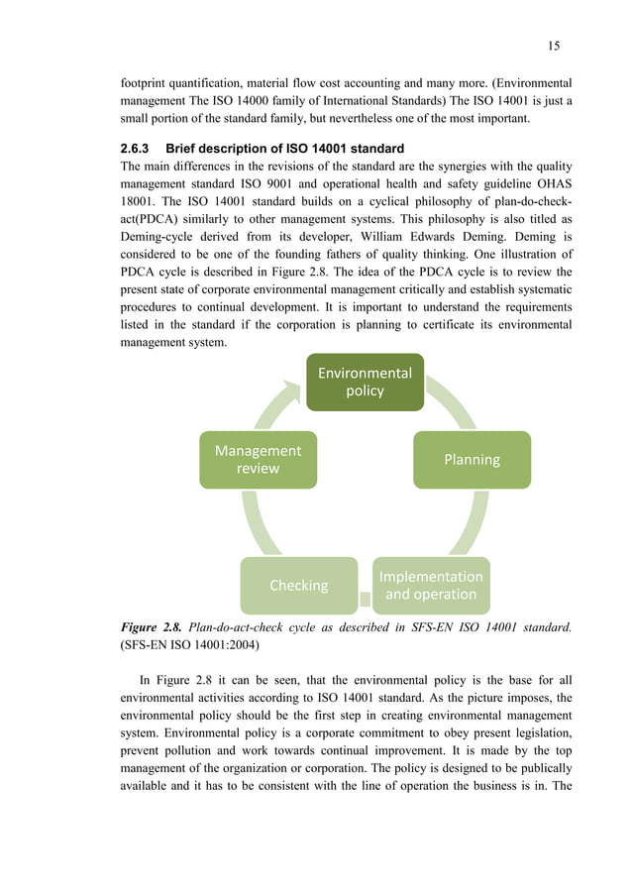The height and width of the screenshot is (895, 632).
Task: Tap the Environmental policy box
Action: point(364,382)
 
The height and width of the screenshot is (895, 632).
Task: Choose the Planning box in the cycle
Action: point(472,459)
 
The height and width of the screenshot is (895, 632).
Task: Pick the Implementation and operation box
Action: point(431,585)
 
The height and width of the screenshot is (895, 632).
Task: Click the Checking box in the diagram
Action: point(298,585)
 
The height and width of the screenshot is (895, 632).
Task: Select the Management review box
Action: point(258,459)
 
